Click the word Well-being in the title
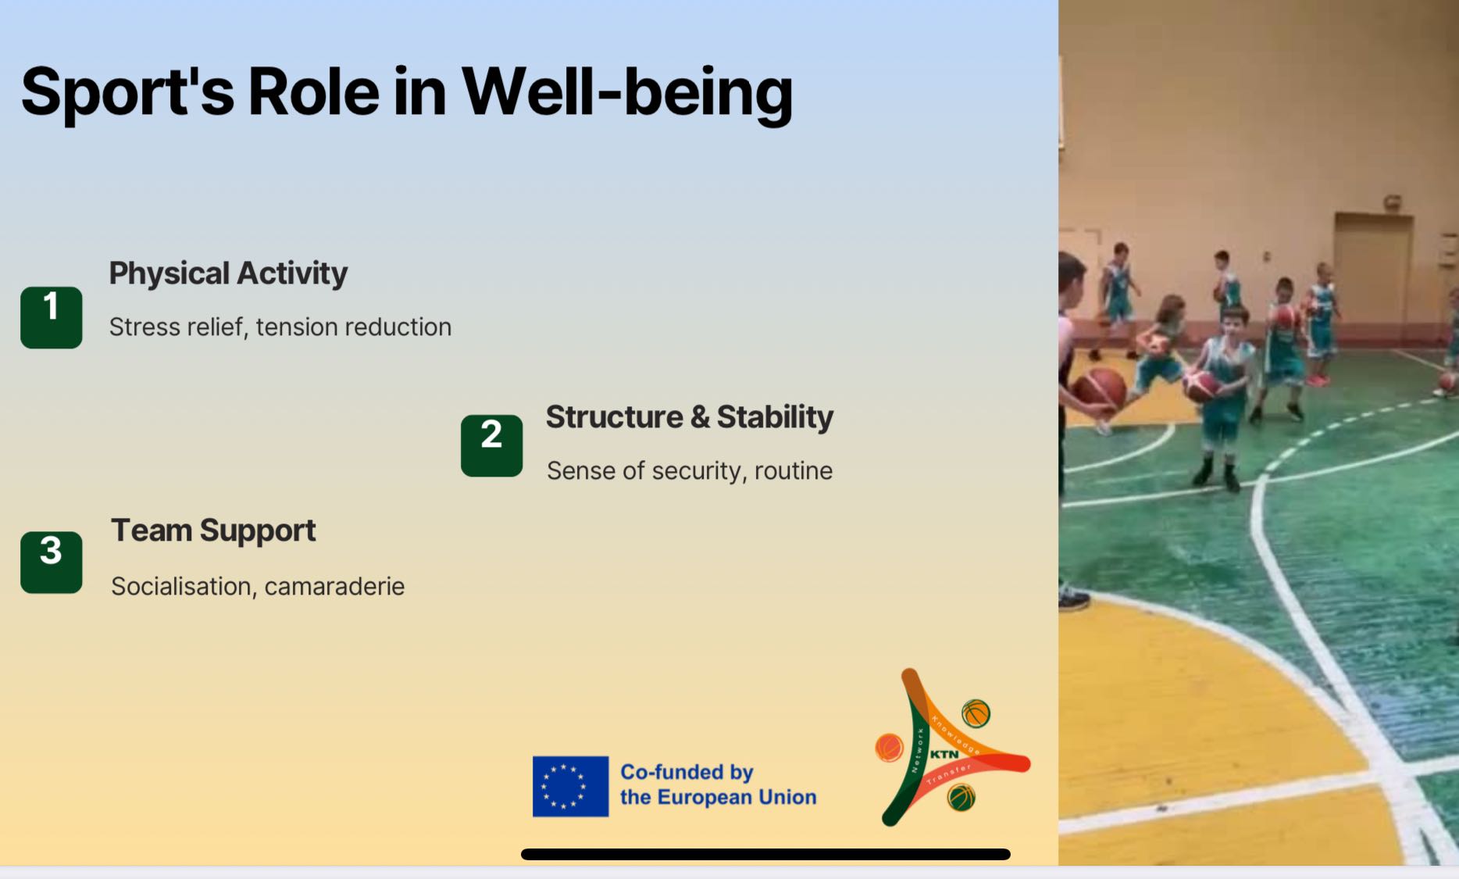coord(627,93)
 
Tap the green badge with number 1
coord(52,317)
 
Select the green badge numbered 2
coord(492,445)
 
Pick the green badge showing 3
coord(52,563)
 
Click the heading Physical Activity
coord(228,274)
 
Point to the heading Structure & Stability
coord(690,417)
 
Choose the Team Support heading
coord(213,531)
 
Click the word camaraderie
coord(334,586)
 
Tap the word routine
coord(793,470)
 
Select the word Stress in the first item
coord(141,327)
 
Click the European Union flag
coord(570,786)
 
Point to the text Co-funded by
coord(687,772)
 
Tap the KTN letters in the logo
coord(944,754)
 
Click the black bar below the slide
coord(765,854)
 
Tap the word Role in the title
coord(314,92)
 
